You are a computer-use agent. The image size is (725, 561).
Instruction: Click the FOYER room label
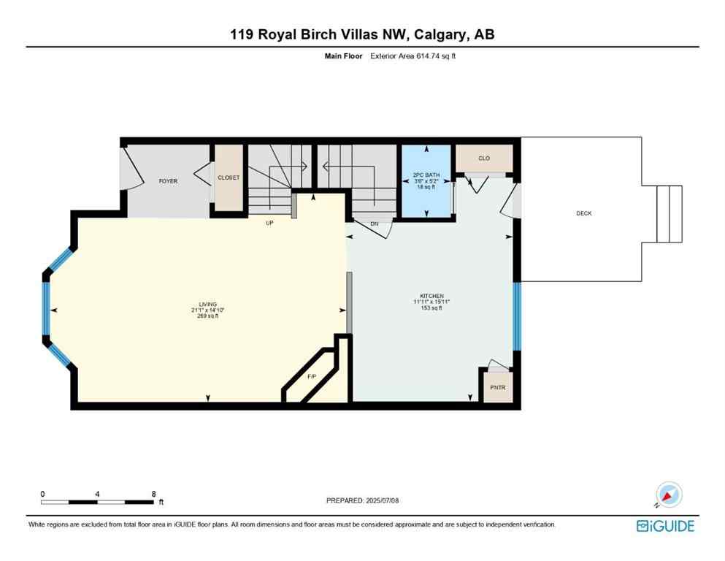[x=169, y=181]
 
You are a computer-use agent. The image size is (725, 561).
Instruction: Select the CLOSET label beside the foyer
[x=229, y=178]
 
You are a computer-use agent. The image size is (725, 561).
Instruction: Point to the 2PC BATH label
[x=426, y=175]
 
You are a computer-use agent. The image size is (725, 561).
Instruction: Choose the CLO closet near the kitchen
[x=484, y=159]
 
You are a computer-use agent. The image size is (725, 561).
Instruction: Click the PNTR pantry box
[x=497, y=389]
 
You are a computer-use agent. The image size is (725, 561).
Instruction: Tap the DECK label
[x=583, y=213]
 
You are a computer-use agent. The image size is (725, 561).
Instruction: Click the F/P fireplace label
[x=312, y=377]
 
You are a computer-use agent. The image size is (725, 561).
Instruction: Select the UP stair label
[x=269, y=223]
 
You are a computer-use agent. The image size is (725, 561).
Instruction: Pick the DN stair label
[x=375, y=224]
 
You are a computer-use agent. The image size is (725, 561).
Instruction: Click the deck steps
[x=670, y=214]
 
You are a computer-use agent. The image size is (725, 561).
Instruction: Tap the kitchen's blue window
[x=517, y=316]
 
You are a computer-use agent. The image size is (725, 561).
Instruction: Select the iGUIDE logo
[x=665, y=526]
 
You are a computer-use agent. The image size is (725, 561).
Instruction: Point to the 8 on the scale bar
[x=153, y=494]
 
